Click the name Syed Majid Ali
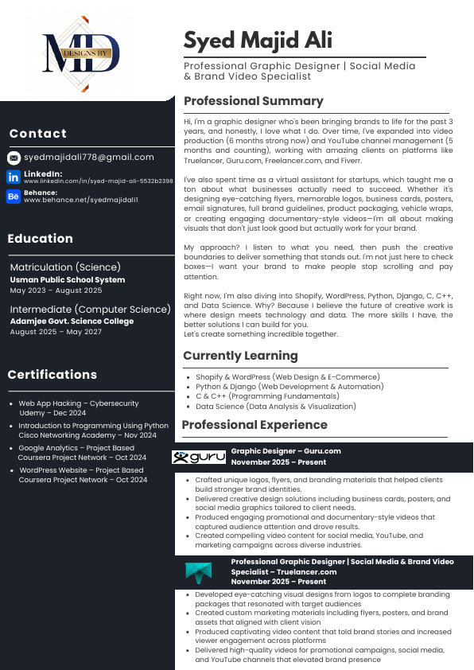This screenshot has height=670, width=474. (258, 40)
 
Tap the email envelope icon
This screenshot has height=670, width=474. (14, 158)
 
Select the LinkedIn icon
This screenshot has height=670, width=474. (14, 177)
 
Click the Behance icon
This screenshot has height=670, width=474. (14, 196)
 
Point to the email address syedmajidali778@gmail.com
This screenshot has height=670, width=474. (89, 158)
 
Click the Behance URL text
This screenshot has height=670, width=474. (81, 200)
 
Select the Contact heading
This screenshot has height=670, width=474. (37, 134)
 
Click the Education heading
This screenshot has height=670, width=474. (40, 239)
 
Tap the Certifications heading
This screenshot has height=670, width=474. (52, 375)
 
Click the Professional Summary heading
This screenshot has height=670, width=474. (253, 101)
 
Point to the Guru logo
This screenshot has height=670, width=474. (199, 457)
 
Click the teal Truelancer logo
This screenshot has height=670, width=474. (199, 572)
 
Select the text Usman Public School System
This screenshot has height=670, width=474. (68, 280)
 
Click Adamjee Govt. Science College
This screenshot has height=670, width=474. (72, 321)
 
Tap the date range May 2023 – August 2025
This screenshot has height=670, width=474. (56, 290)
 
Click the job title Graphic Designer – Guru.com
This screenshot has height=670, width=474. (286, 451)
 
